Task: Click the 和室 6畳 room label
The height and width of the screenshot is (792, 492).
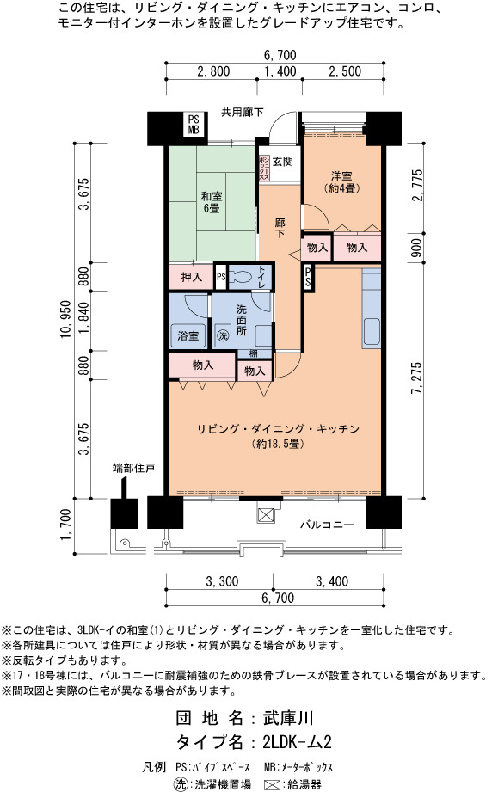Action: [212, 201]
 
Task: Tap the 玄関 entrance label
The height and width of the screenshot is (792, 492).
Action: [283, 162]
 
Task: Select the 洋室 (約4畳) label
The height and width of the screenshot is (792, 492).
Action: [341, 181]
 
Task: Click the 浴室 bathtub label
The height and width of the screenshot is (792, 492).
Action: [188, 335]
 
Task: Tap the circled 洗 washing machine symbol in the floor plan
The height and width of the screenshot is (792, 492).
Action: [222, 335]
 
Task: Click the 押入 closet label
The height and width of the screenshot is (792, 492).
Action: [192, 277]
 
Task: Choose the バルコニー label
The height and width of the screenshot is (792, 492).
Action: [328, 525]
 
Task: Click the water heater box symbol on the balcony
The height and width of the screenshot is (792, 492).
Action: [265, 515]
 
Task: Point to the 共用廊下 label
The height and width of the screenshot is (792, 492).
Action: [243, 112]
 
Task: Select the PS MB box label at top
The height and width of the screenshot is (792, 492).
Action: [194, 124]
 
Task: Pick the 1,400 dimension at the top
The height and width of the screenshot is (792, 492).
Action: [280, 71]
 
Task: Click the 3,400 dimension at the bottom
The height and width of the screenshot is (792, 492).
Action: [332, 581]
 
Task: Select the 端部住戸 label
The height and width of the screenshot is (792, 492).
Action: [133, 468]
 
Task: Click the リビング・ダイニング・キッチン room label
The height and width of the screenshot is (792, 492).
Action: [278, 429]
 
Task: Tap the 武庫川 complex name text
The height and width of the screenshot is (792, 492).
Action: [288, 718]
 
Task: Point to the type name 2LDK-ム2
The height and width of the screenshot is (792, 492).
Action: [297, 742]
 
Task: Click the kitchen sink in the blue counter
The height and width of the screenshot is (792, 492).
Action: [372, 332]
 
